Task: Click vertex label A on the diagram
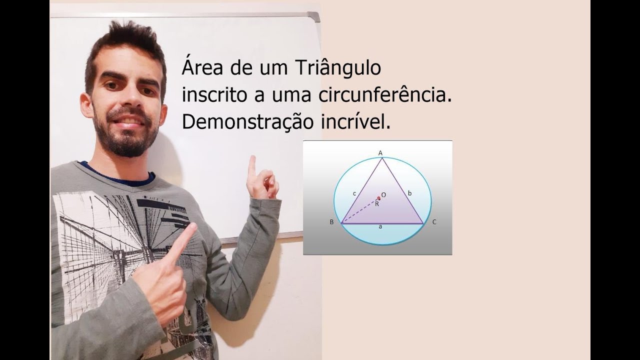coord(380,153)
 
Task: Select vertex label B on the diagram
coord(331,222)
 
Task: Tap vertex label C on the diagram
coord(434,222)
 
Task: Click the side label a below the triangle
coord(380,227)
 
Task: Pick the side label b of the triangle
coord(409,192)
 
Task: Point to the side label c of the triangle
coord(354,193)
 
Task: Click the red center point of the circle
coord(379,198)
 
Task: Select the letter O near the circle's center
coord(383,194)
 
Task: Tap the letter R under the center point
coord(377,203)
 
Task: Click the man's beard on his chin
coord(128,145)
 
